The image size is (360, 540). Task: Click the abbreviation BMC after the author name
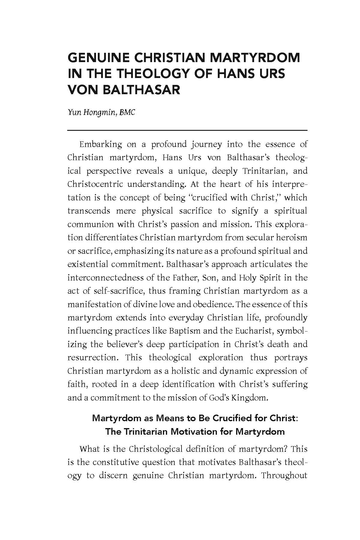click(x=127, y=112)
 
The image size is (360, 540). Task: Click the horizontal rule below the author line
click(x=187, y=130)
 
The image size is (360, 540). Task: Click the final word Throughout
click(x=284, y=475)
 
